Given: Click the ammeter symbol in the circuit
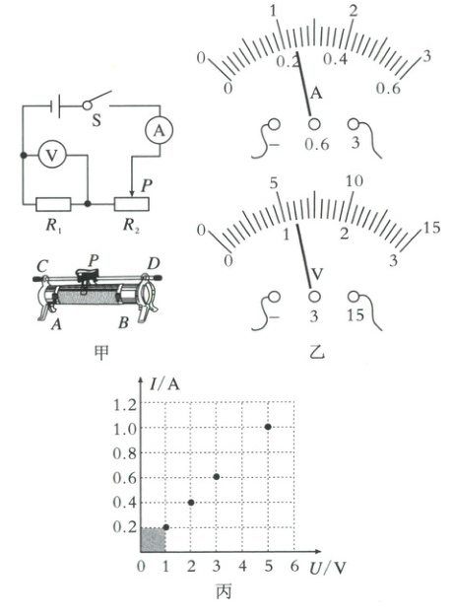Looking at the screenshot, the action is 159,130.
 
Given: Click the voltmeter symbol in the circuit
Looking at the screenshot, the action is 52,155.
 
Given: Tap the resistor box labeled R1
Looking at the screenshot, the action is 53,204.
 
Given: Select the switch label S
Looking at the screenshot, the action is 97,120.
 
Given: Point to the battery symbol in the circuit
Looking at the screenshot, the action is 55,106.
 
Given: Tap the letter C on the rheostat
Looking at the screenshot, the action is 42,266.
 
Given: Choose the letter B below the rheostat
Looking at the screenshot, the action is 123,322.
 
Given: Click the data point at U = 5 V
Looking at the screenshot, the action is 268,427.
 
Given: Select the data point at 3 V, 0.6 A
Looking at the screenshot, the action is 217,477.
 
